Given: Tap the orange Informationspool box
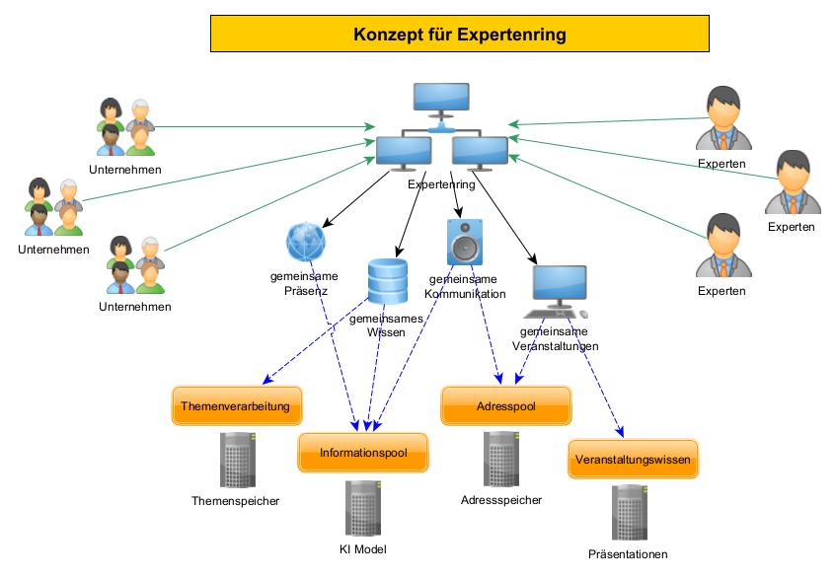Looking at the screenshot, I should point(363,453).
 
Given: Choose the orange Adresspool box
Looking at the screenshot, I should point(506,405).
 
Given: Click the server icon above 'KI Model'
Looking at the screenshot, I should point(362,509).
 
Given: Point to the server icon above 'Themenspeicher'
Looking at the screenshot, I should point(235,460).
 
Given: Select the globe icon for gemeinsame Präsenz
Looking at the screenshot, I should point(305,242).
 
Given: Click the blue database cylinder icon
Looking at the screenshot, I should point(387,281).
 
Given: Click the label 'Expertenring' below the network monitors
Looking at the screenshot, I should point(441,183).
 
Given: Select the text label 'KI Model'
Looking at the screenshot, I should point(362,549).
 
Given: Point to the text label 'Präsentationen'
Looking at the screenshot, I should point(628,553).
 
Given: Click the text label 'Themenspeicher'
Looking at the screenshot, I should point(235,501).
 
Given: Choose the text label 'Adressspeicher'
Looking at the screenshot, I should point(501,500).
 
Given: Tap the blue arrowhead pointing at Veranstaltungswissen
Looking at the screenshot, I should point(621,431).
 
